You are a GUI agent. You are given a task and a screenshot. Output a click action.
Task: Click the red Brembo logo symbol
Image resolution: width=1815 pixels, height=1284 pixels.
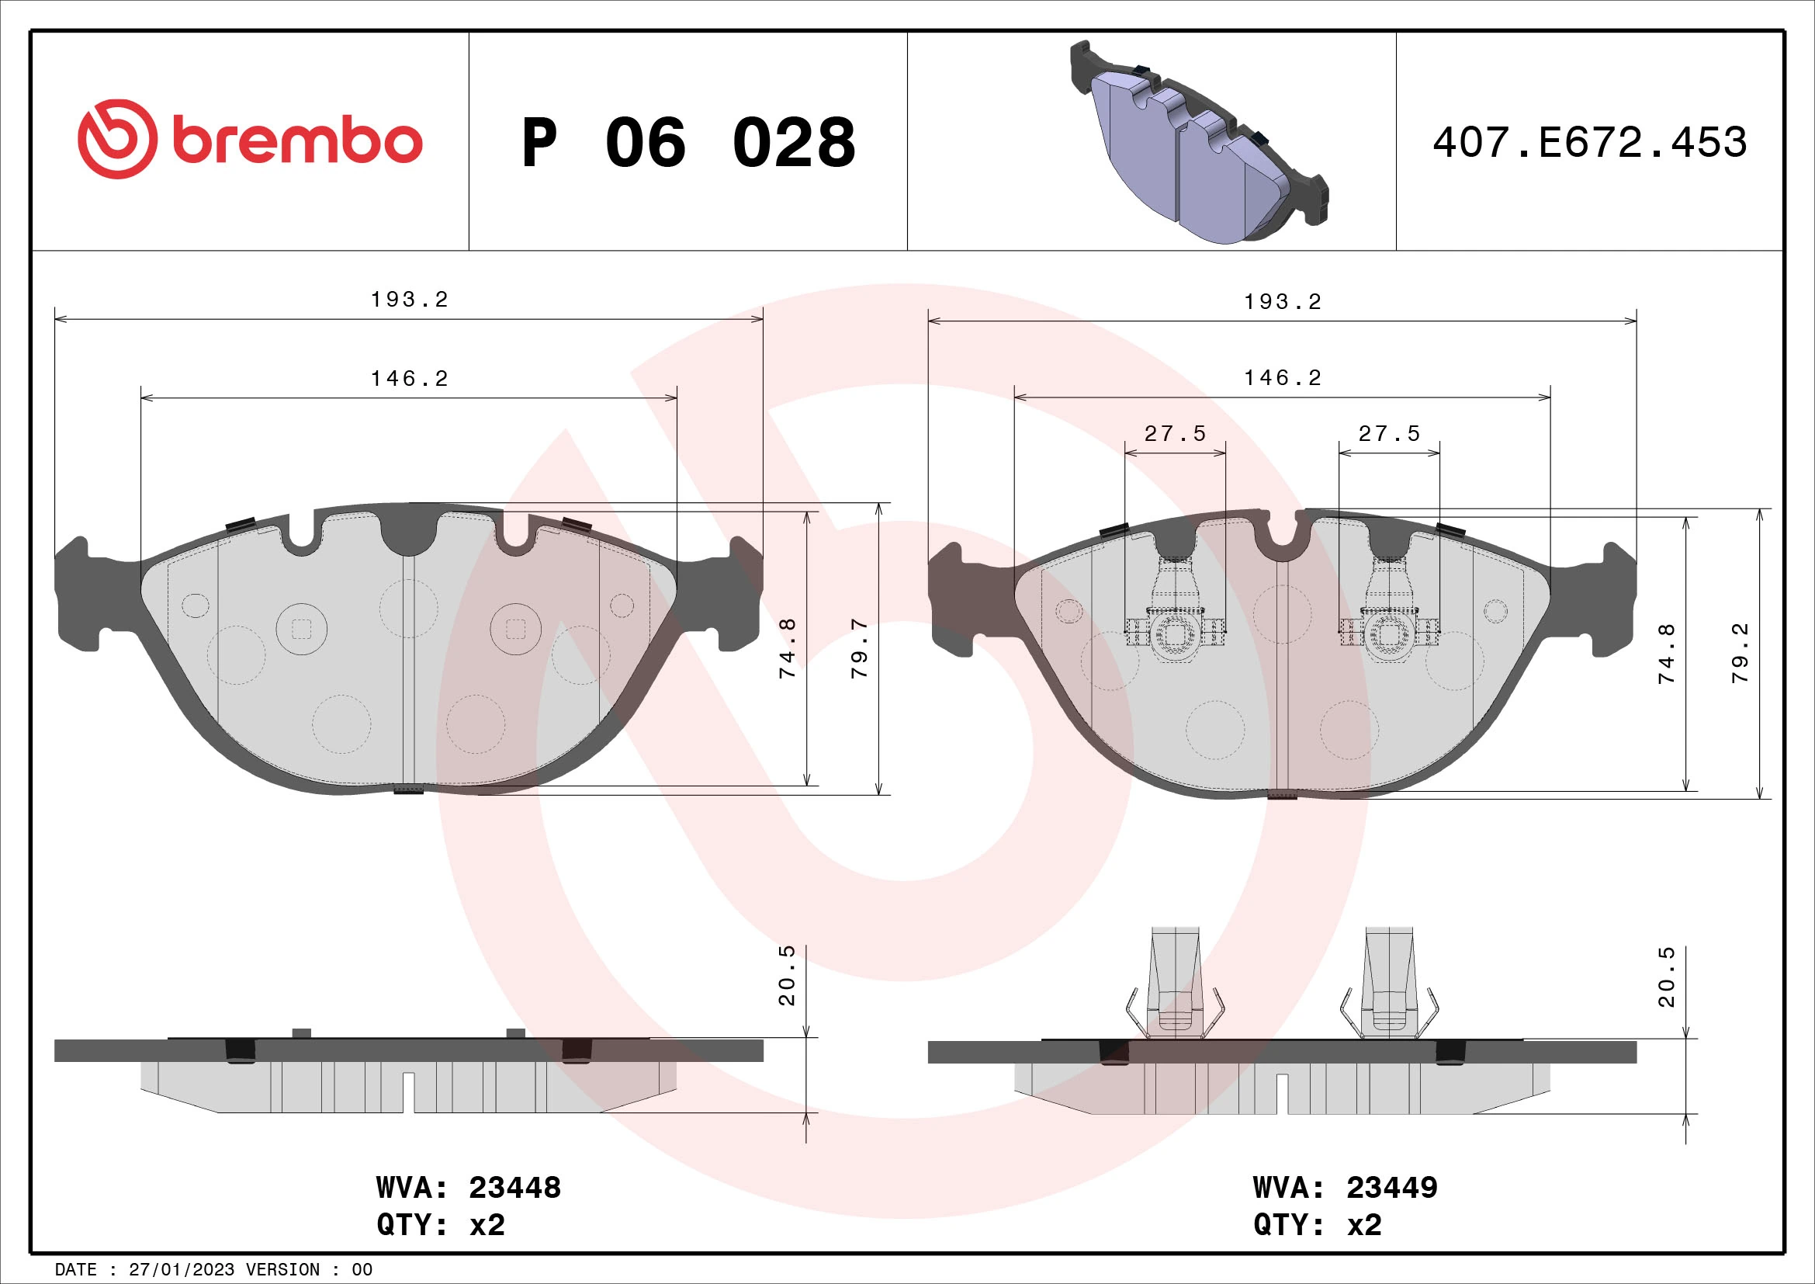(x=117, y=139)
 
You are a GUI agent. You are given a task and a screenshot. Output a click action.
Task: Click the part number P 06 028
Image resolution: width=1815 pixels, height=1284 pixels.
(x=688, y=143)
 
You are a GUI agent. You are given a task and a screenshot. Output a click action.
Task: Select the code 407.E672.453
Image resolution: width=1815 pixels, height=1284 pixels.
(x=1590, y=143)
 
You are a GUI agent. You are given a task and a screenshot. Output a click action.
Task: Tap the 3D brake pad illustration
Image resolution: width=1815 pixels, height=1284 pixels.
(x=1197, y=142)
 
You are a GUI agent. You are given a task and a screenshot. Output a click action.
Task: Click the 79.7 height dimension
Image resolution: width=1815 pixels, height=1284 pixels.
(x=859, y=648)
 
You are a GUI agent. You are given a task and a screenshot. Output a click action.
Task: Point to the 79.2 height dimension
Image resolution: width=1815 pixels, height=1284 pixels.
(x=1740, y=653)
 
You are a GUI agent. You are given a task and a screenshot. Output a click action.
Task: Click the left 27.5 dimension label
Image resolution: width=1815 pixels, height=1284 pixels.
(x=1175, y=433)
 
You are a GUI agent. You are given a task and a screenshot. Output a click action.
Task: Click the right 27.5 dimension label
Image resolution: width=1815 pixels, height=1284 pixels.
(x=1389, y=433)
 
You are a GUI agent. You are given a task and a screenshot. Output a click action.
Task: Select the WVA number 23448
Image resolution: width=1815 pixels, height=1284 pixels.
(x=514, y=1188)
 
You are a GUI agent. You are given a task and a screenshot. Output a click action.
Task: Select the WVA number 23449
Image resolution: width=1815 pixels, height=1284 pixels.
(x=1392, y=1188)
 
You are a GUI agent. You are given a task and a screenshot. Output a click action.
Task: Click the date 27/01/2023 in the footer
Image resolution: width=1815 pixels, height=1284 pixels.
(x=181, y=1270)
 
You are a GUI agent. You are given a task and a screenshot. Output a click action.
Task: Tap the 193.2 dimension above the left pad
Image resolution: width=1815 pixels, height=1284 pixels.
(x=410, y=300)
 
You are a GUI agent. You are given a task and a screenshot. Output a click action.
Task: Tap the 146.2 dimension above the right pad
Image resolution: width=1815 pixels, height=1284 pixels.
(x=1282, y=378)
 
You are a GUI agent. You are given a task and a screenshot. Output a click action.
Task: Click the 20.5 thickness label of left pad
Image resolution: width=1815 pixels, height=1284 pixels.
(x=788, y=976)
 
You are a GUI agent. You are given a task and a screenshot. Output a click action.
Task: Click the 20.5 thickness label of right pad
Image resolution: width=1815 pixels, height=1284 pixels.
(x=1666, y=977)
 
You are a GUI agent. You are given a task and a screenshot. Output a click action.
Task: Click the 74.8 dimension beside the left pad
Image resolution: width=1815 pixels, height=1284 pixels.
(x=788, y=648)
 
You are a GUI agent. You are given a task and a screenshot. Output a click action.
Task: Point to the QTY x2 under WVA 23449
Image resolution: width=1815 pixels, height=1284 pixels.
(x=1317, y=1225)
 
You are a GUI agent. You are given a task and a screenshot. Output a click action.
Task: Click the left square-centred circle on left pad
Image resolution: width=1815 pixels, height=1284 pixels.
(x=301, y=630)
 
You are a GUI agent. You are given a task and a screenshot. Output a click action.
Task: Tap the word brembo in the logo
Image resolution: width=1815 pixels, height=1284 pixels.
(x=297, y=141)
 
